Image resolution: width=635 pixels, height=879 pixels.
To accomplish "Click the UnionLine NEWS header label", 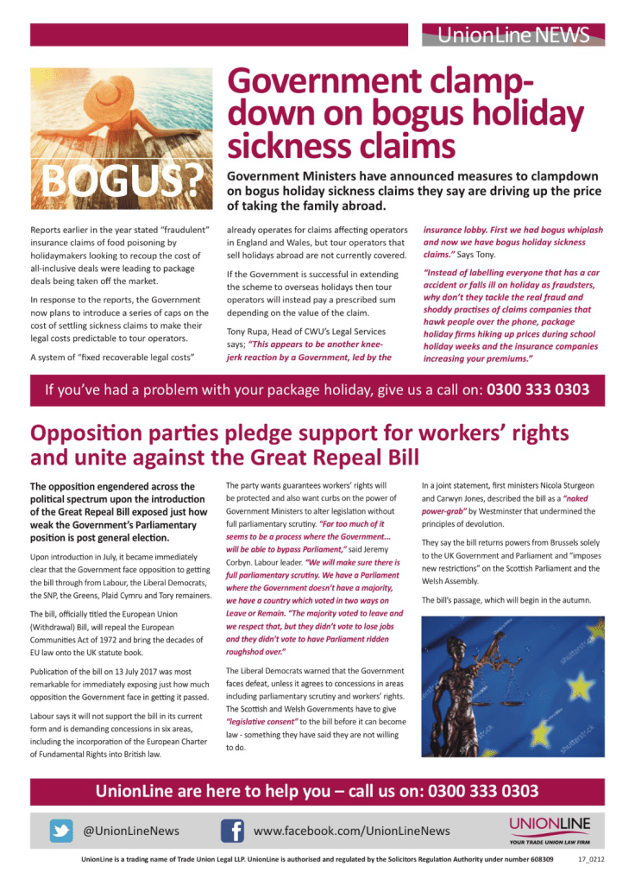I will click(513, 35).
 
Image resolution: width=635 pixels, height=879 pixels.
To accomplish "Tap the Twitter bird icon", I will click(60, 831).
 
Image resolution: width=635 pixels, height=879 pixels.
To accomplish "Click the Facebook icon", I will click(231, 831).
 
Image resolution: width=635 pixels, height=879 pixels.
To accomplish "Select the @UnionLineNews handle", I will click(131, 831).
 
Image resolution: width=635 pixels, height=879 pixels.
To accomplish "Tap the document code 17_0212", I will click(591, 860).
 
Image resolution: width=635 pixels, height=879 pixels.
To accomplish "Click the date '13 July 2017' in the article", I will click(128, 671).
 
